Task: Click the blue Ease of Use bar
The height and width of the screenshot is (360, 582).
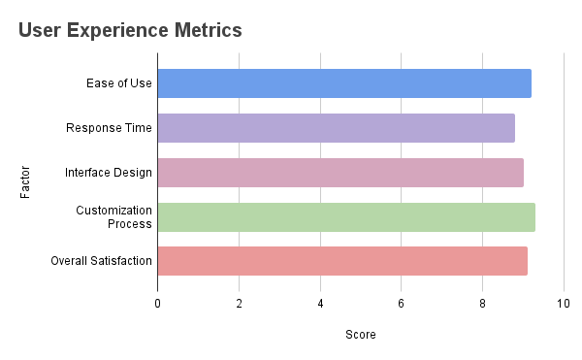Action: (x=344, y=83)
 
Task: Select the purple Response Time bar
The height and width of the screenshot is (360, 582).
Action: (x=336, y=128)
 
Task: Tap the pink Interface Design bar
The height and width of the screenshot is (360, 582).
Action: (x=340, y=173)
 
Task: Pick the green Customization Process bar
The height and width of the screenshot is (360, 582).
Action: (x=346, y=216)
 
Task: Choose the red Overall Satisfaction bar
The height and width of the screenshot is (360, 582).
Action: (x=342, y=261)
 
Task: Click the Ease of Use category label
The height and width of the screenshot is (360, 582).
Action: (x=118, y=83)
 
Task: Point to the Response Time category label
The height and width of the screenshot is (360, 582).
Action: (x=109, y=128)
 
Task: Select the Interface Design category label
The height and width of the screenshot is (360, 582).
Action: (x=109, y=173)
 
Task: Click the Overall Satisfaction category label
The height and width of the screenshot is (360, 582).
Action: (x=102, y=261)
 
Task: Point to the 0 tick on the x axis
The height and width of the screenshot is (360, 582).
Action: (x=157, y=304)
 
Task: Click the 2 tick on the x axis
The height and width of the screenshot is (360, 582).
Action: (x=239, y=304)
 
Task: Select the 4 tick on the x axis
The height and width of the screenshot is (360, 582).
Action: (x=320, y=304)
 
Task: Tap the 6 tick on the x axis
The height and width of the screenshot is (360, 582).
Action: (x=401, y=304)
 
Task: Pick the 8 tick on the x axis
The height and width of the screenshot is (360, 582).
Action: (x=482, y=304)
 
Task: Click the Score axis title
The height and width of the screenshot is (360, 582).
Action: (x=360, y=335)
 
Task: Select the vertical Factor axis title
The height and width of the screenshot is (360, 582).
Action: (x=25, y=182)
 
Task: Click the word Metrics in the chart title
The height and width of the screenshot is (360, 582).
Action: (x=203, y=31)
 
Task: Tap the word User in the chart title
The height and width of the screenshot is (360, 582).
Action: (x=39, y=31)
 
